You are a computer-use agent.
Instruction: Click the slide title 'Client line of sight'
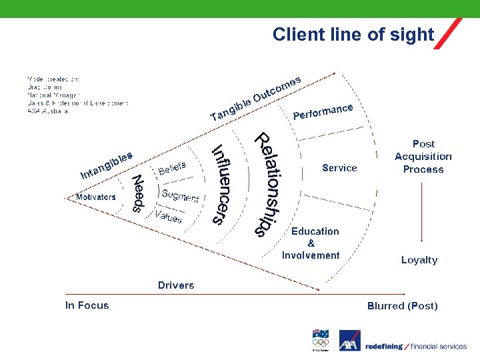click(353, 35)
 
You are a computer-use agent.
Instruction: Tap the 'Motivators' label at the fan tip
click(95, 197)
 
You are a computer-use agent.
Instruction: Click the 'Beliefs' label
click(172, 166)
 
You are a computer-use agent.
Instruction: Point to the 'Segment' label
click(181, 195)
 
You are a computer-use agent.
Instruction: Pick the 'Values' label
click(168, 217)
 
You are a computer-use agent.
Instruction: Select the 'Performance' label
click(323, 111)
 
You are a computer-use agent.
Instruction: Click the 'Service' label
click(339, 168)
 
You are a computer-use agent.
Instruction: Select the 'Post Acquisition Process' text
click(423, 156)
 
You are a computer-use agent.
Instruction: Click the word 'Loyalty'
click(419, 260)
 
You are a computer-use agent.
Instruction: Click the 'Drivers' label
click(176, 285)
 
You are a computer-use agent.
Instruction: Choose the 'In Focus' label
click(87, 305)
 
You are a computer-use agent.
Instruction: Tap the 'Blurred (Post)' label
click(402, 306)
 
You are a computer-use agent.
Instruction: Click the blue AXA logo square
click(349, 341)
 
